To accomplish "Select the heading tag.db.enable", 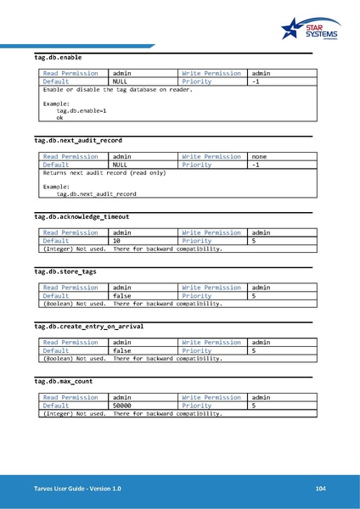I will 58,58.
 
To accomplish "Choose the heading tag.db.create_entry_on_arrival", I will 88,326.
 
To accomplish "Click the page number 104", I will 320,489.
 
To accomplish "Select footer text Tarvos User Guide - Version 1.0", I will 71,489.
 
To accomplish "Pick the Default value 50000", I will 124,406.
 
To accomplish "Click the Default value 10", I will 118,241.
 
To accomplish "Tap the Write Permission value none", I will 261,156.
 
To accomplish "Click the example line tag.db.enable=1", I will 82,111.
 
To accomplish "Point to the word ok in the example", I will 59,119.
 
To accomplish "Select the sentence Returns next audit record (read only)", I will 104,172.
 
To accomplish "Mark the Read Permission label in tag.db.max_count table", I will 70,397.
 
